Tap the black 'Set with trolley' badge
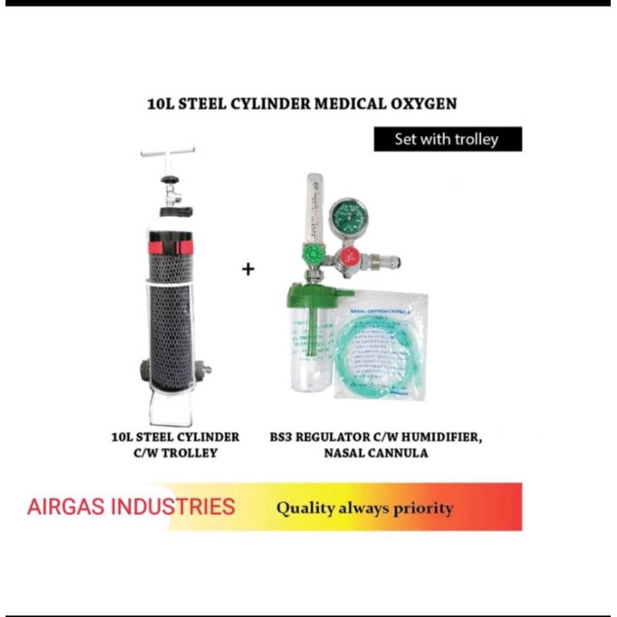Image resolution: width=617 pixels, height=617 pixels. (446, 139)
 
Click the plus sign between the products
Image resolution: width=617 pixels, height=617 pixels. (248, 270)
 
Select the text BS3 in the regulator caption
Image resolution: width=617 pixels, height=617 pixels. (280, 436)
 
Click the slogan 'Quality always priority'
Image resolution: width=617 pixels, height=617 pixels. (364, 509)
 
